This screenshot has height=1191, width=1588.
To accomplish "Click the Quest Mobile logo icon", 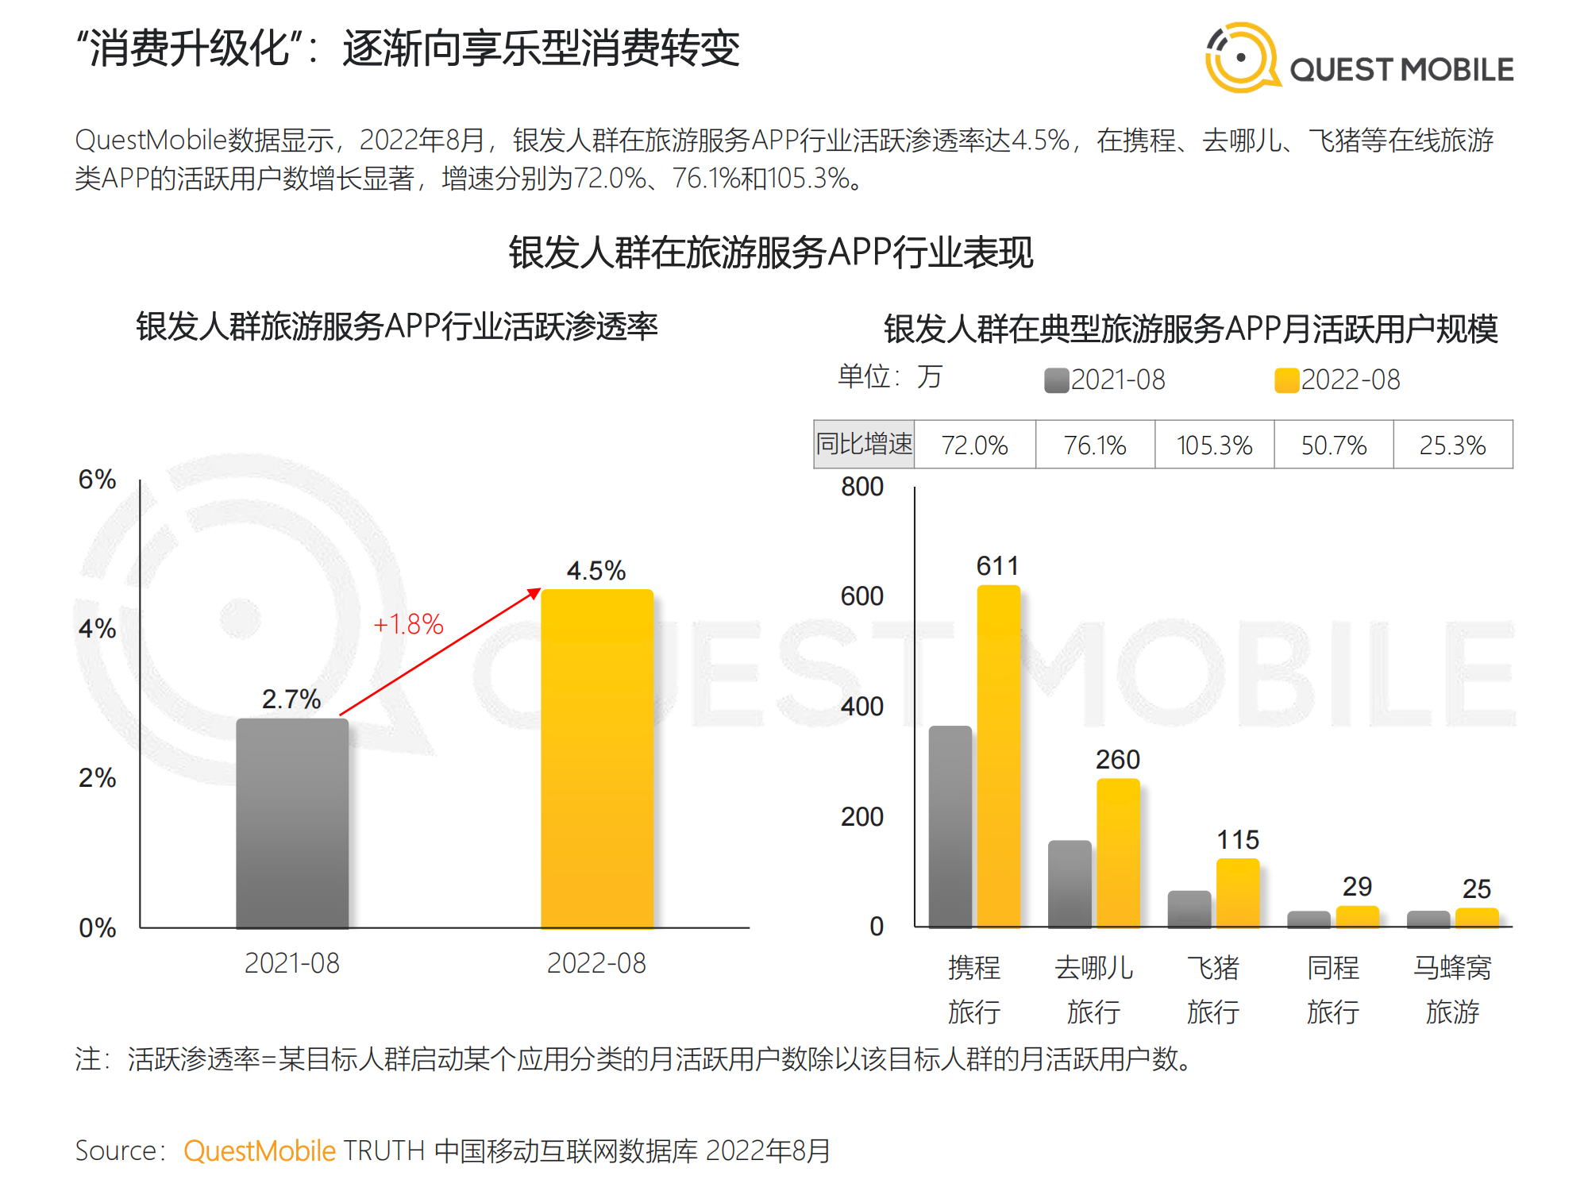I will (x=1242, y=57).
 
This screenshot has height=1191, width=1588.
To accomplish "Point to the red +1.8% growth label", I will (x=408, y=624).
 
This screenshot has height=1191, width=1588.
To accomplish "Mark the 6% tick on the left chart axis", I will (x=97, y=480).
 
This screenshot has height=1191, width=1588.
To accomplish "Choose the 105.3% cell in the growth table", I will (x=1214, y=445).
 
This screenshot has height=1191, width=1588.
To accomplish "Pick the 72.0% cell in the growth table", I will (x=974, y=445).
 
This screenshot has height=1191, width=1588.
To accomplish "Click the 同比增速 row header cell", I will (x=865, y=444).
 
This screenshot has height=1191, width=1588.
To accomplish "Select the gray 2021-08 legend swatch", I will (x=1056, y=380).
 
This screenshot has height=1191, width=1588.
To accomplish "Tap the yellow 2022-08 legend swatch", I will (x=1286, y=380).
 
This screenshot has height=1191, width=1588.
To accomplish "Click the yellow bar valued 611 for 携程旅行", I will (x=998, y=754).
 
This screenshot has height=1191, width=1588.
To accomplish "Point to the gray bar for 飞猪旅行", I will (x=1189, y=908).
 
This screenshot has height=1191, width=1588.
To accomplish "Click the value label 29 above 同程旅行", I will (x=1357, y=886).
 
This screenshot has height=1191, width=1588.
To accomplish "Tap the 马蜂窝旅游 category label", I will (x=1452, y=989).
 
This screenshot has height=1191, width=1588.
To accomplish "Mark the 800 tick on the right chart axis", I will (x=861, y=487).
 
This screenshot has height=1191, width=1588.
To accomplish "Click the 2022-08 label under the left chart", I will (x=596, y=963).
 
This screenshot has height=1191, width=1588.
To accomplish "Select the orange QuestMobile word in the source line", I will (x=260, y=1151).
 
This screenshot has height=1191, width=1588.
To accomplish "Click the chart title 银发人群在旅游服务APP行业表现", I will (x=771, y=253).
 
